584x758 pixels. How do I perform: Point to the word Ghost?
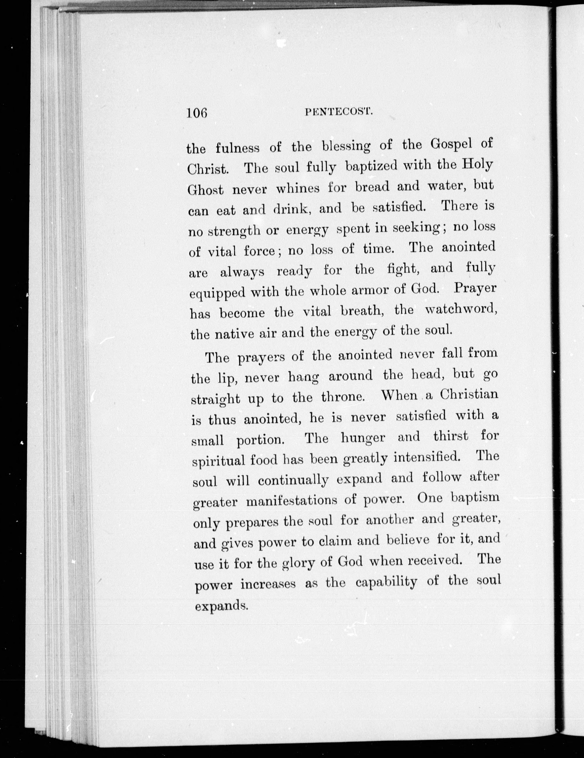tap(205, 189)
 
